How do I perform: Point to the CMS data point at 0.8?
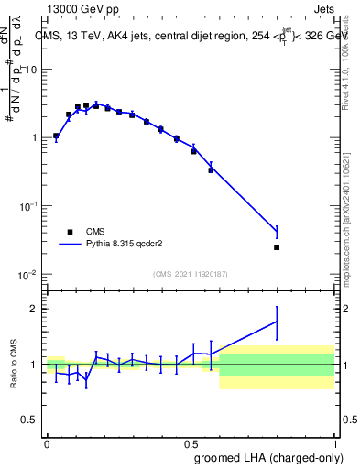277,247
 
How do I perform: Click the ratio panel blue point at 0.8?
277,322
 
